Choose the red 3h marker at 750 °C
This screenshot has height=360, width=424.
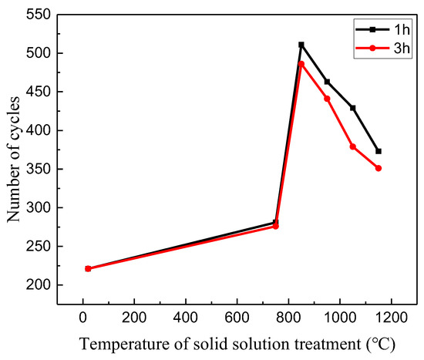[x=276, y=227]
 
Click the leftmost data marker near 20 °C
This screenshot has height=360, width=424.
[x=88, y=268]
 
